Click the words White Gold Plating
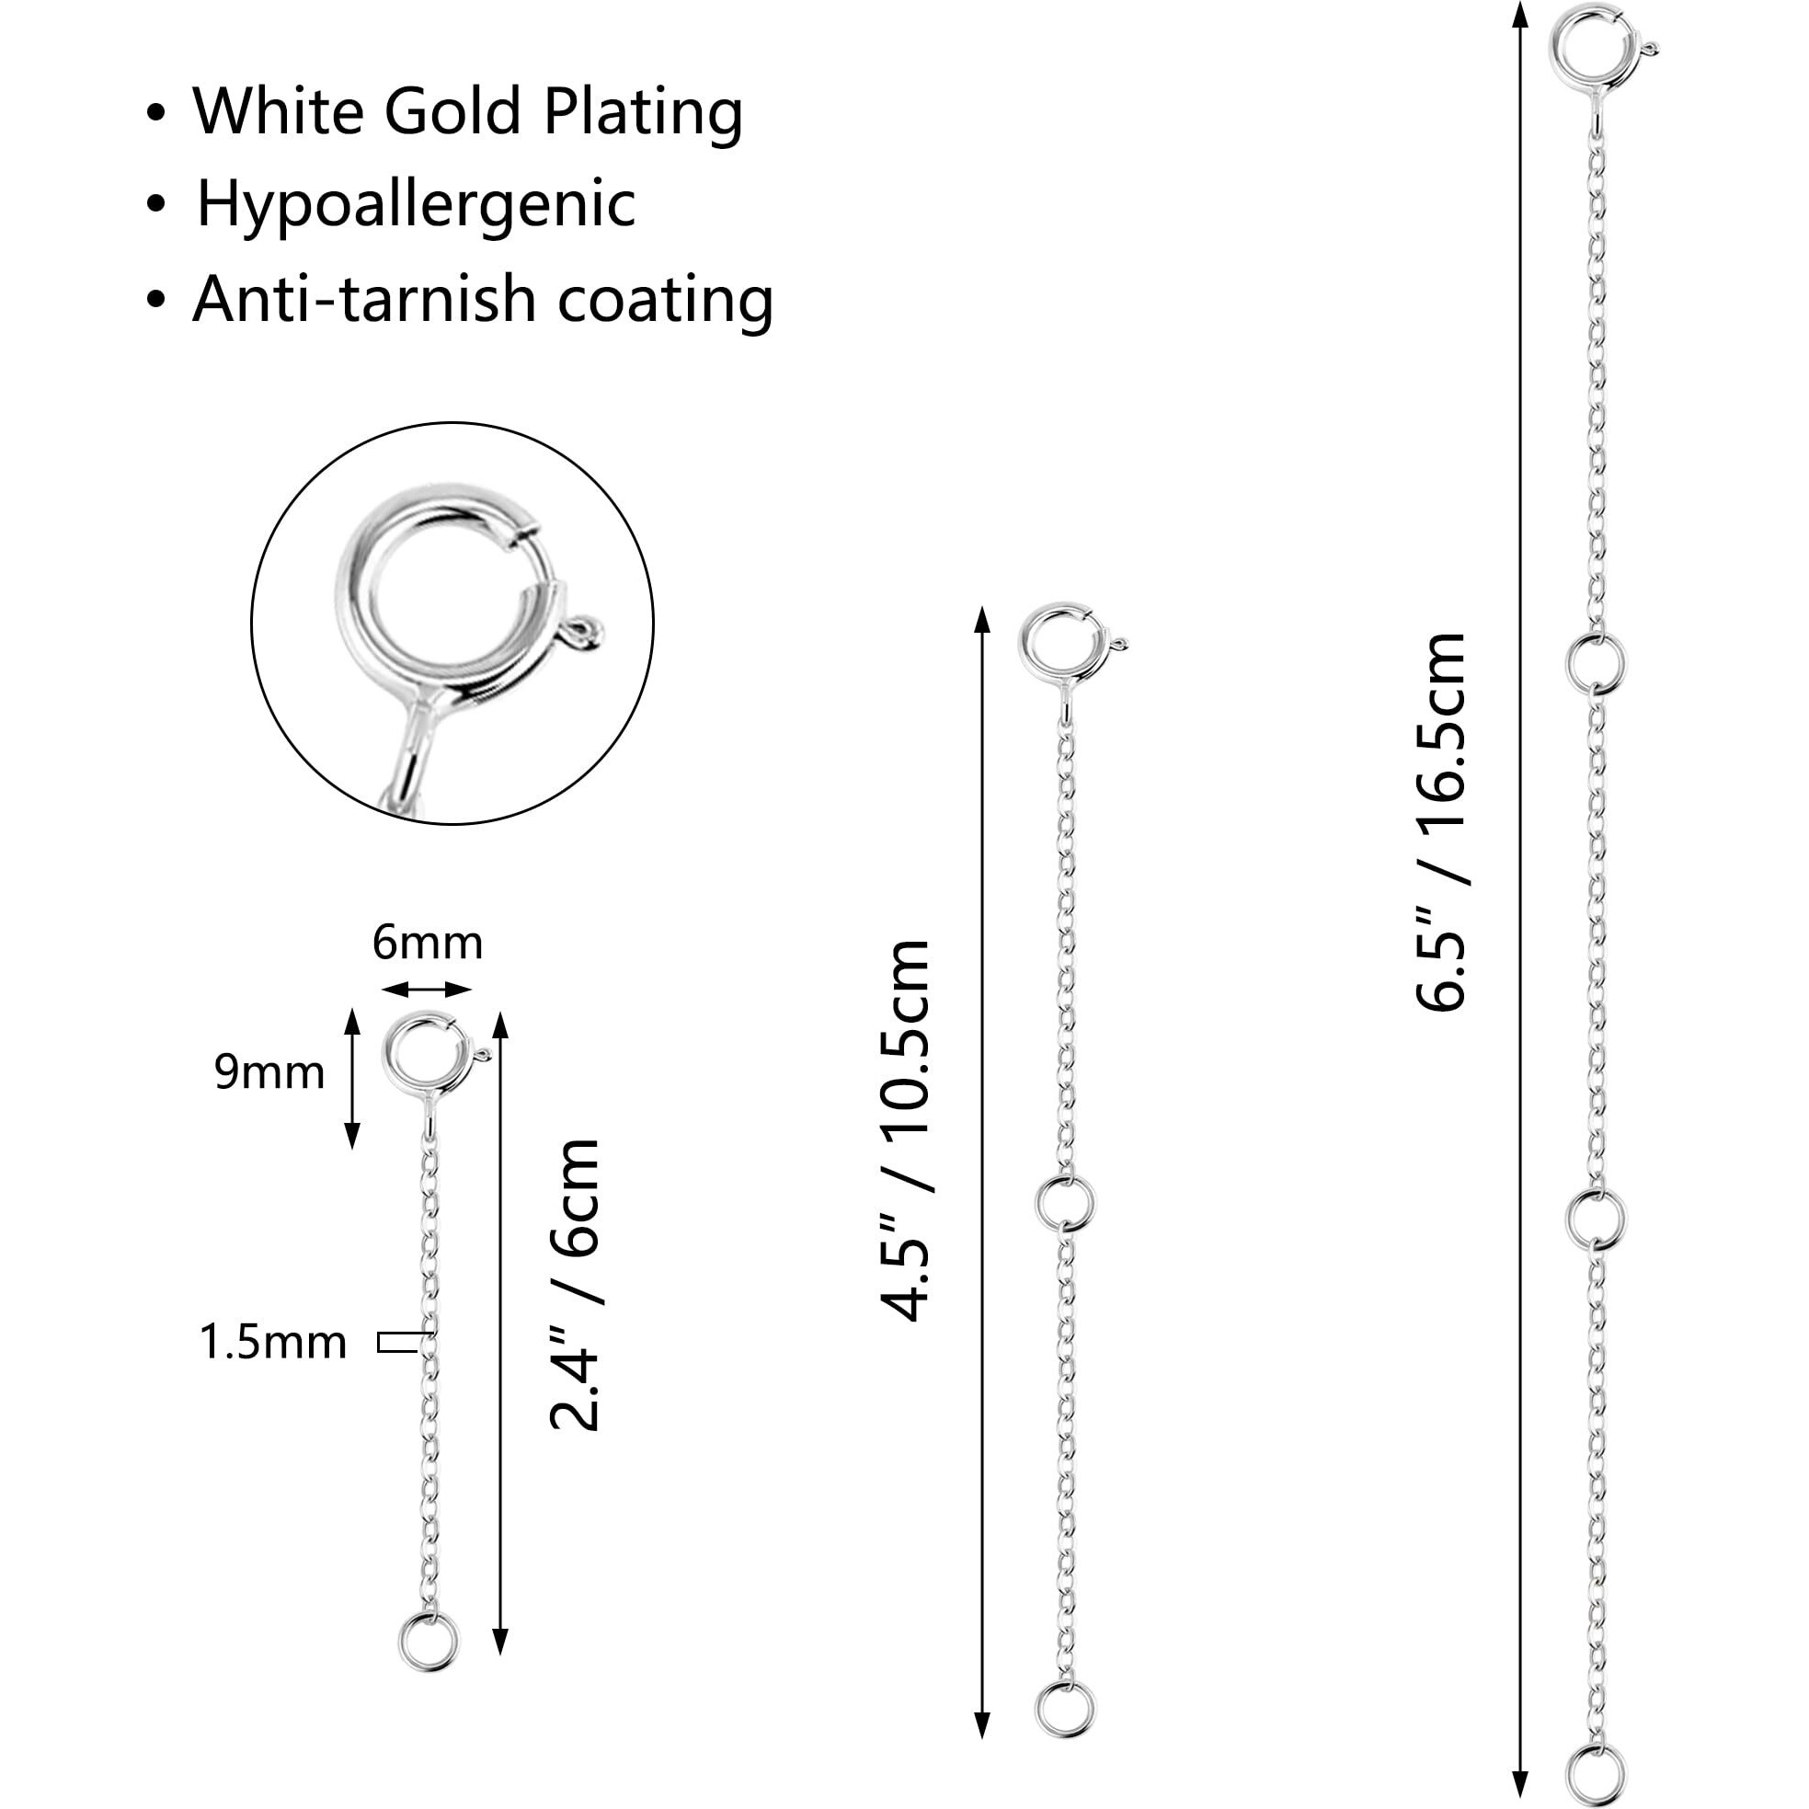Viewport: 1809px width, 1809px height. tap(467, 112)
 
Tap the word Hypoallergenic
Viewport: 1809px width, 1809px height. tap(416, 204)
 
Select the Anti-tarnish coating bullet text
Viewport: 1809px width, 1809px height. tap(482, 300)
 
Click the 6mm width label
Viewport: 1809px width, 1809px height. tap(427, 944)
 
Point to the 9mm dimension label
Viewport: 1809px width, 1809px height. tap(269, 1072)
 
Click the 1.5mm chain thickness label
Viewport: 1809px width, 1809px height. tap(273, 1343)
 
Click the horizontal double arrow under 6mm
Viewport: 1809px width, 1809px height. tap(427, 990)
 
